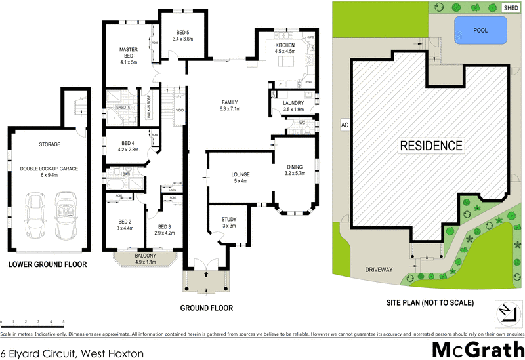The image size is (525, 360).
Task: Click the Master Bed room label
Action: point(127,56)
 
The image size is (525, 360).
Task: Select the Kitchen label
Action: point(285,47)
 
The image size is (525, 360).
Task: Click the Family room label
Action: point(230,106)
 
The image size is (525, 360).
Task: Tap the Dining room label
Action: point(294,170)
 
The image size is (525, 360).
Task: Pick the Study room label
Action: point(229,222)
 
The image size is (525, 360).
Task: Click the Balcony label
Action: point(146,258)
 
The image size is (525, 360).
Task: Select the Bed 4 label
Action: point(128,146)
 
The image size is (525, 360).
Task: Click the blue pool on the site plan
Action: point(480,30)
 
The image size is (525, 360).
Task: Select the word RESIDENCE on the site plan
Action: point(431,146)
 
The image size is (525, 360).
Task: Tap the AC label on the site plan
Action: point(343,123)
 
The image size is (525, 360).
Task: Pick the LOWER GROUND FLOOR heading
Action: point(47,264)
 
